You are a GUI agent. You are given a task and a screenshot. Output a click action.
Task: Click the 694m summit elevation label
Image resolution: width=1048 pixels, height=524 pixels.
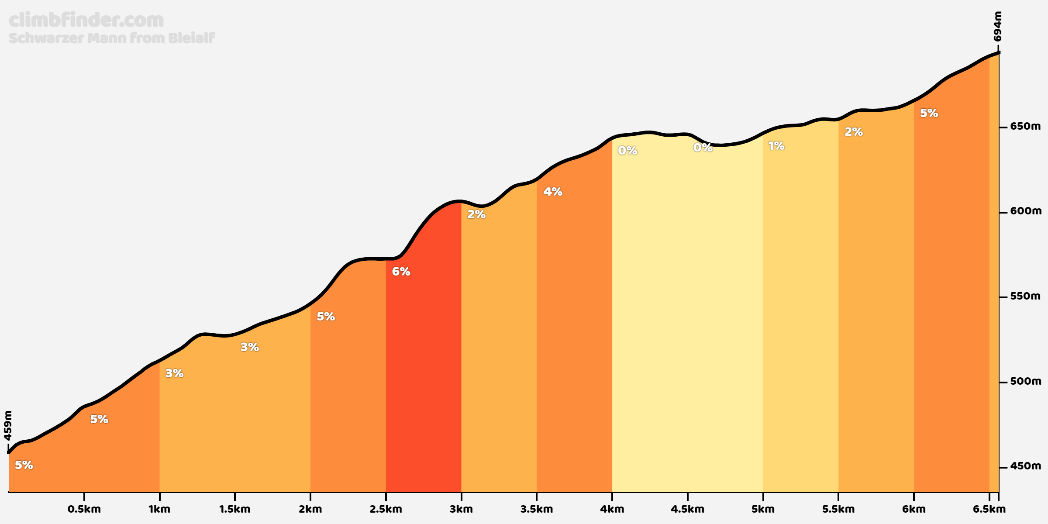coord(997,26)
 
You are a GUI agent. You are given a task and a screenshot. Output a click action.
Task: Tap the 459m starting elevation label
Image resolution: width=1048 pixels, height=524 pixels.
coord(8,425)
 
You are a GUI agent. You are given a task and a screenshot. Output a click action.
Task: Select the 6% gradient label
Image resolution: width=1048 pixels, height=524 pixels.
coord(401,272)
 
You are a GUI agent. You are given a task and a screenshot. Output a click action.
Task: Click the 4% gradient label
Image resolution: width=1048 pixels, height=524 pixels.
coord(553,192)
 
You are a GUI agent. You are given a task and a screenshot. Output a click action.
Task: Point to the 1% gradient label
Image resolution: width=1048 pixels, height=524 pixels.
coord(776,146)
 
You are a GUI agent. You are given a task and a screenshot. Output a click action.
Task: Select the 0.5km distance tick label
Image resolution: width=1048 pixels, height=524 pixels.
coord(84,509)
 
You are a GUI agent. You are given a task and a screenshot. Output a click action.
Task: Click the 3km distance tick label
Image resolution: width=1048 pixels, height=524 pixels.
coord(461,509)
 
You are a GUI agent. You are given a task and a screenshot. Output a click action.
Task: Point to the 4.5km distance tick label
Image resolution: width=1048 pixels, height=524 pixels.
coord(688,509)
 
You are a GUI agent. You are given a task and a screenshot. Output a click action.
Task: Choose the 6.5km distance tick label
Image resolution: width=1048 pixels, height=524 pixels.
coord(989,509)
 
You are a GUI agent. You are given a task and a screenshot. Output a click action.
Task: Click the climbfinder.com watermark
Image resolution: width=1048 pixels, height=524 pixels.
coord(86,20)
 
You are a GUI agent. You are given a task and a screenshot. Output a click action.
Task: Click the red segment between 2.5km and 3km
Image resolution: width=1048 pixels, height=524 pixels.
coord(424,371)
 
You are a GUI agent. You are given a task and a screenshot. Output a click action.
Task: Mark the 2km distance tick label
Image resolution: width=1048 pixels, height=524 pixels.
coord(310,509)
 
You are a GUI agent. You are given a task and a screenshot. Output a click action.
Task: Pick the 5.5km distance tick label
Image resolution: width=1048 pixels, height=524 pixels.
coord(838,509)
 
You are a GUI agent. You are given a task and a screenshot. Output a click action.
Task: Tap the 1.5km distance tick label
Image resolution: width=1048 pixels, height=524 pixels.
coord(235,509)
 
